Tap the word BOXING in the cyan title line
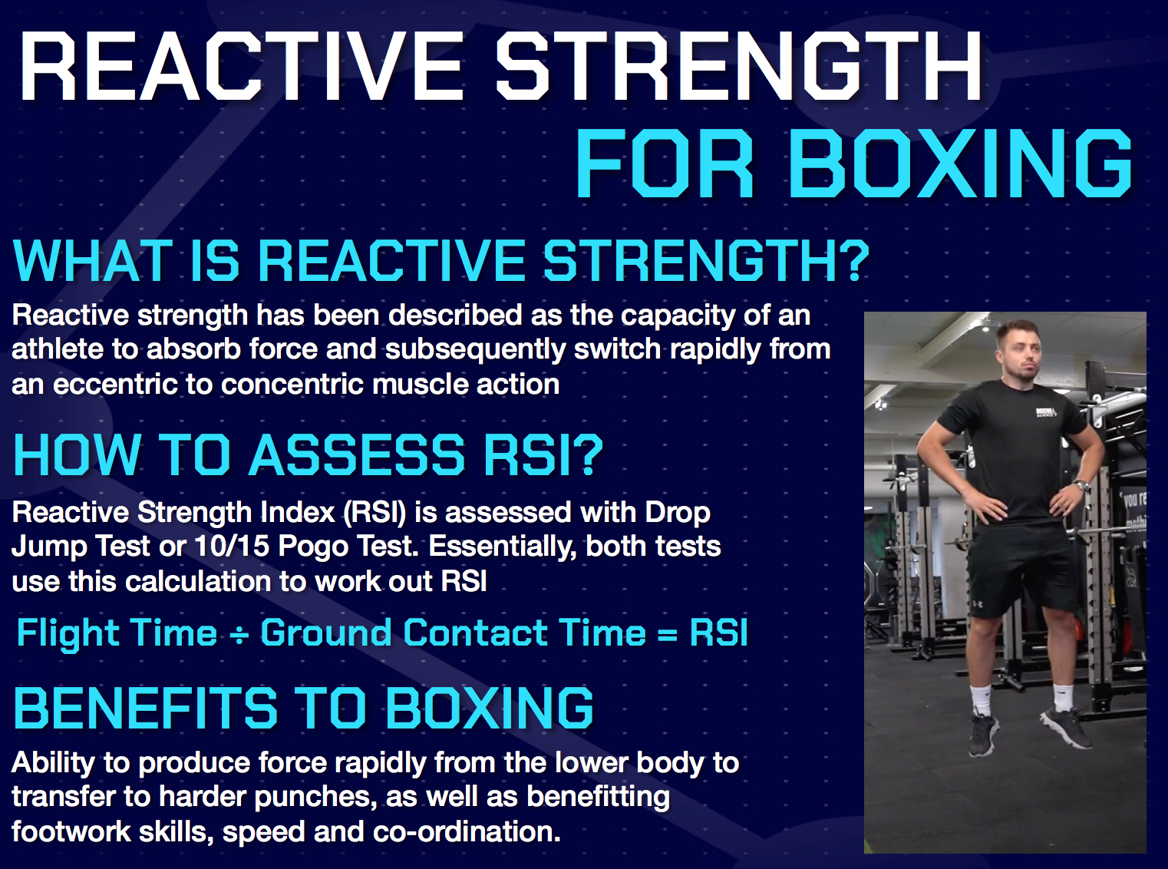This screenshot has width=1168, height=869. [961, 164]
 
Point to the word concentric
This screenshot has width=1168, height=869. [292, 384]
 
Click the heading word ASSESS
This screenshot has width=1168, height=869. [358, 455]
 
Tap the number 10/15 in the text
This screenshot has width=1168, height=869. [232, 546]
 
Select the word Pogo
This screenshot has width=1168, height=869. [308, 546]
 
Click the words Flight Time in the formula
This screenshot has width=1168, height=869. [117, 633]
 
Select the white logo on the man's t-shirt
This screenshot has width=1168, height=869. [1045, 413]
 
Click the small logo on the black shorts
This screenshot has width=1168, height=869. [978, 604]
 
